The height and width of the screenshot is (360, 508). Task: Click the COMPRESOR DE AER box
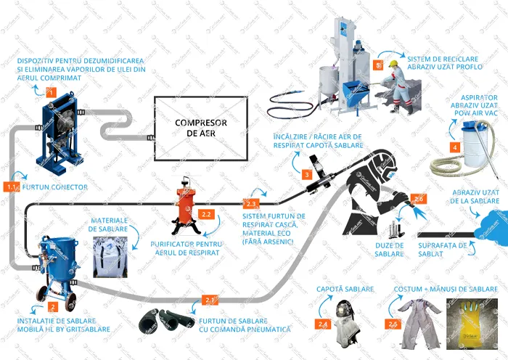pyautogui.click(x=201, y=128)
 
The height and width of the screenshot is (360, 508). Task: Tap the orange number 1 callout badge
pyautogui.click(x=50, y=92)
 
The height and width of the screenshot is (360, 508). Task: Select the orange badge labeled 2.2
pyautogui.click(x=205, y=215)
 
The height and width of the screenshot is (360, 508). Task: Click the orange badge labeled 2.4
pyautogui.click(x=322, y=324)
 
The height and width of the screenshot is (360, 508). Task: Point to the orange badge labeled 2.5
pyautogui.click(x=393, y=324)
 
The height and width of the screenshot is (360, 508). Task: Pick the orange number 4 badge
pyautogui.click(x=454, y=147)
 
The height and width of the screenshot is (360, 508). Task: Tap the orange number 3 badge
pyautogui.click(x=308, y=175)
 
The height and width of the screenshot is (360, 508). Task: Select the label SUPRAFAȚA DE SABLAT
pyautogui.click(x=443, y=250)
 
